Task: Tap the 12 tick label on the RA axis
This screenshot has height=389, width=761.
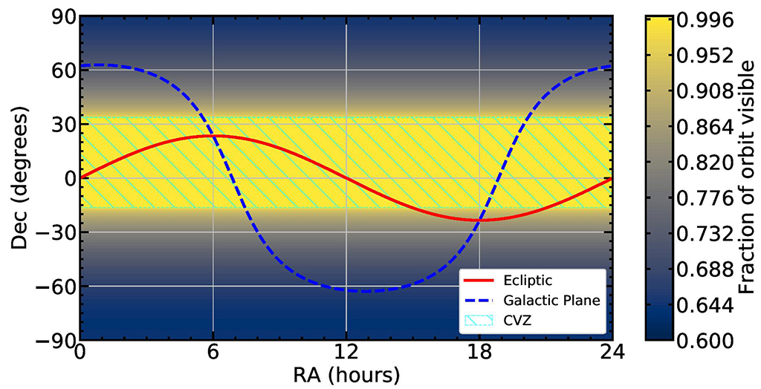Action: [x=346, y=351]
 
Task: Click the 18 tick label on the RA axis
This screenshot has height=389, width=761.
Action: [x=479, y=351]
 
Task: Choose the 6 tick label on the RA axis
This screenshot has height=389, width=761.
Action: [x=213, y=351]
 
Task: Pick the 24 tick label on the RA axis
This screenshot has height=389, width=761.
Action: [x=612, y=351]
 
